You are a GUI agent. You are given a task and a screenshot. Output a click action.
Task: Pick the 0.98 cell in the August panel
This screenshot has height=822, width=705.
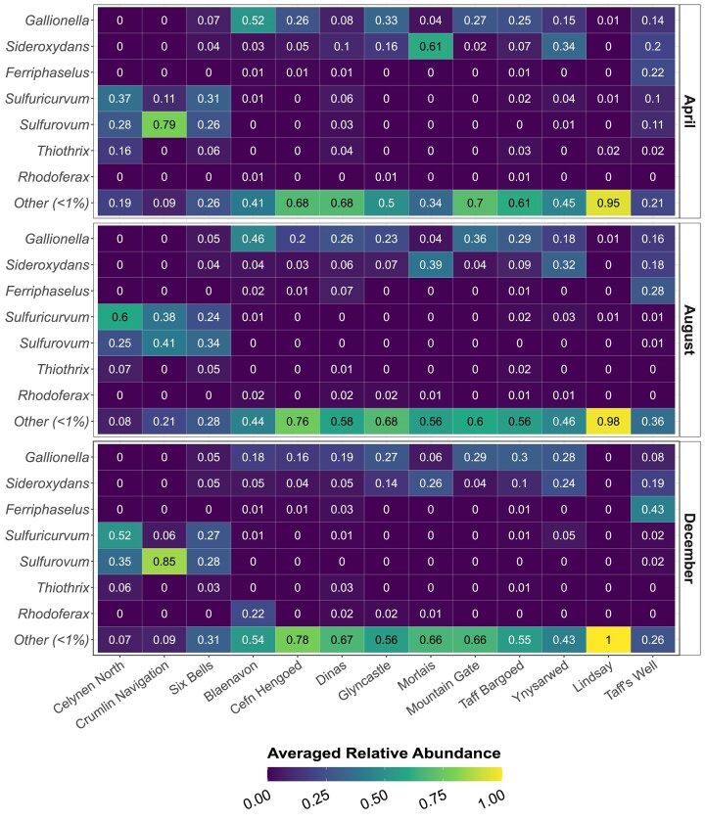[610, 422]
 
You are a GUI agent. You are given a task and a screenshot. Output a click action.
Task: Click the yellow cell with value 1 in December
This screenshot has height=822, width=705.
[610, 640]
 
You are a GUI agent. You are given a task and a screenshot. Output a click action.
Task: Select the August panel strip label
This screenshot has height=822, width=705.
[688, 330]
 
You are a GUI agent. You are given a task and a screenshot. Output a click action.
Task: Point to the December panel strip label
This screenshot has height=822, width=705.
[688, 547]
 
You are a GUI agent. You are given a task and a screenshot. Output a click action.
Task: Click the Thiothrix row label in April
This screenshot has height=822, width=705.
[66, 152]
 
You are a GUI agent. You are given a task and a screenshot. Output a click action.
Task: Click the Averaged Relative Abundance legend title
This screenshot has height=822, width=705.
[384, 753]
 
